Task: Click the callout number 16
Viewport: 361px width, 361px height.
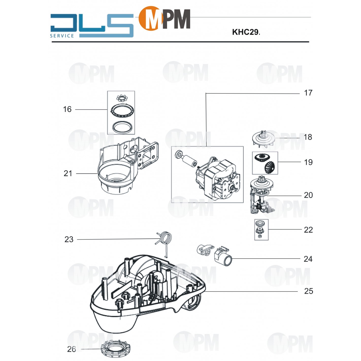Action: coord(67,109)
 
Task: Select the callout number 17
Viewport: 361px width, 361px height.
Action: coord(308,93)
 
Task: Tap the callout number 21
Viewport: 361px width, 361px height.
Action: coord(68,173)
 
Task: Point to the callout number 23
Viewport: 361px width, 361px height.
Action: coord(69,239)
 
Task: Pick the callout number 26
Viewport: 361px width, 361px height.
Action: coord(71,349)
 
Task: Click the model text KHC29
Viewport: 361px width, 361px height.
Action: coord(245,32)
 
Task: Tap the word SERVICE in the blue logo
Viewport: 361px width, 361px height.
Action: coord(62,36)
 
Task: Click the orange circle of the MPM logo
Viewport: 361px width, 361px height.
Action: coord(150,19)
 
